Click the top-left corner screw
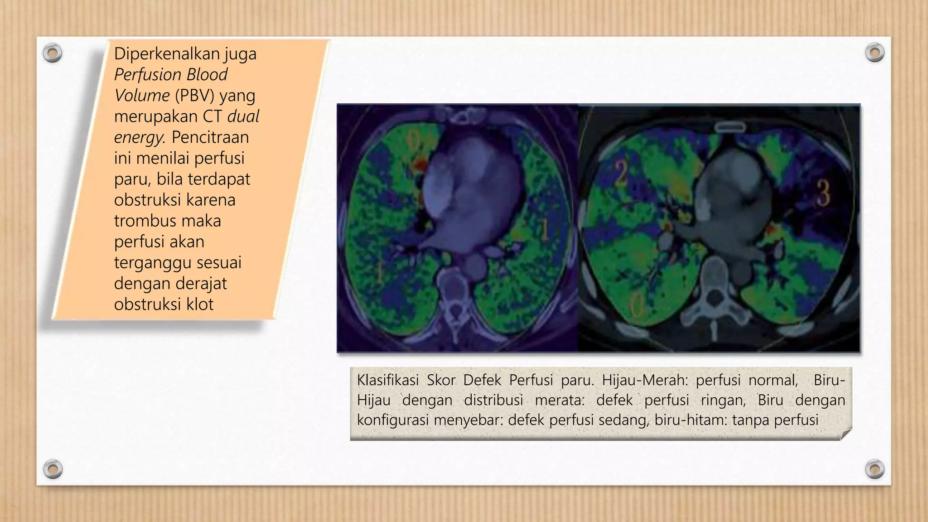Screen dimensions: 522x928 [53, 53]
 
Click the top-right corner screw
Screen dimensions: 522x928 [875, 53]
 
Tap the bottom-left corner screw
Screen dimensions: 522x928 [53, 469]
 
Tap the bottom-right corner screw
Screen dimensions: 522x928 [875, 469]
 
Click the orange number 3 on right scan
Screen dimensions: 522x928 [823, 193]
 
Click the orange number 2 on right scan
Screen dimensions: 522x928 [620, 174]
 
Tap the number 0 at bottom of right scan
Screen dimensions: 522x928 [637, 306]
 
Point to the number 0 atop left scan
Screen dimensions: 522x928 [413, 140]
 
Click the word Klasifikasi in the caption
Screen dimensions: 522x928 [387, 380]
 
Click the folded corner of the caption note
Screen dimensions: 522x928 [846, 435]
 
